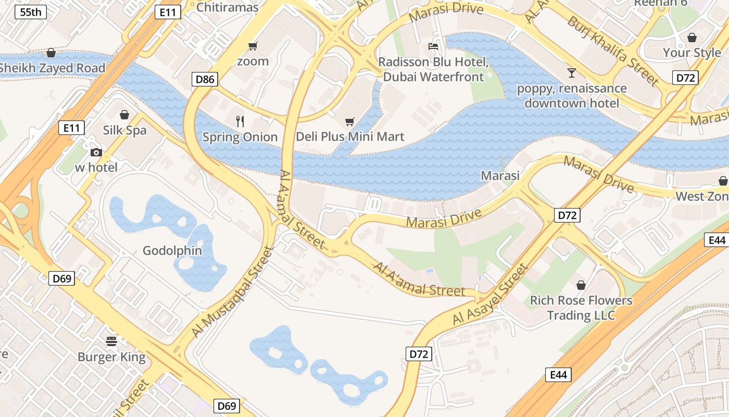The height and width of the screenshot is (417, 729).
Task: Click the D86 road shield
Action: point(205,79)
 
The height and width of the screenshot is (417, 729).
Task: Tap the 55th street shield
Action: point(31,12)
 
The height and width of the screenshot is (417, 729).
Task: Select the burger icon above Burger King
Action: point(111,341)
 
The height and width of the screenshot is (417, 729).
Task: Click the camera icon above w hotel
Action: point(96,152)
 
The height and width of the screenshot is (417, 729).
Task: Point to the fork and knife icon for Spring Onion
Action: point(240,121)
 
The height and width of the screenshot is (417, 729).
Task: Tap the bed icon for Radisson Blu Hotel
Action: point(433,46)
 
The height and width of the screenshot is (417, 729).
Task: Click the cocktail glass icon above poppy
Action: point(572,72)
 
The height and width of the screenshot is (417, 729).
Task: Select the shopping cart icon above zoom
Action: point(253,46)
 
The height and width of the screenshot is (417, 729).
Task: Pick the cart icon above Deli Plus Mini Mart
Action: point(350,121)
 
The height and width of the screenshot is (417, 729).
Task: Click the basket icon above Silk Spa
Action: point(124,115)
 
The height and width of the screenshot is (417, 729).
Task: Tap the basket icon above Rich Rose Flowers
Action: point(581,285)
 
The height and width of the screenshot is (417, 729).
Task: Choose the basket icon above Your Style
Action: point(692,38)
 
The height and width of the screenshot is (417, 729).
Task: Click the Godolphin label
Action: point(172,251)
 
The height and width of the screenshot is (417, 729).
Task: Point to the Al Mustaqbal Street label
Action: point(232,292)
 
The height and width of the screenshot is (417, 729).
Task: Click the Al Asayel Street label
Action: point(491,296)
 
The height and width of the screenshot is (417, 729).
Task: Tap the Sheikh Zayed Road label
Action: point(52,68)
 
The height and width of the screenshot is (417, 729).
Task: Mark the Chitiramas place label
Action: point(227,7)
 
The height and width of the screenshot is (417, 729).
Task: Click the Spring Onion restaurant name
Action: point(240,137)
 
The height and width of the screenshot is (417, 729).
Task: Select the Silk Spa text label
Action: point(124,130)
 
